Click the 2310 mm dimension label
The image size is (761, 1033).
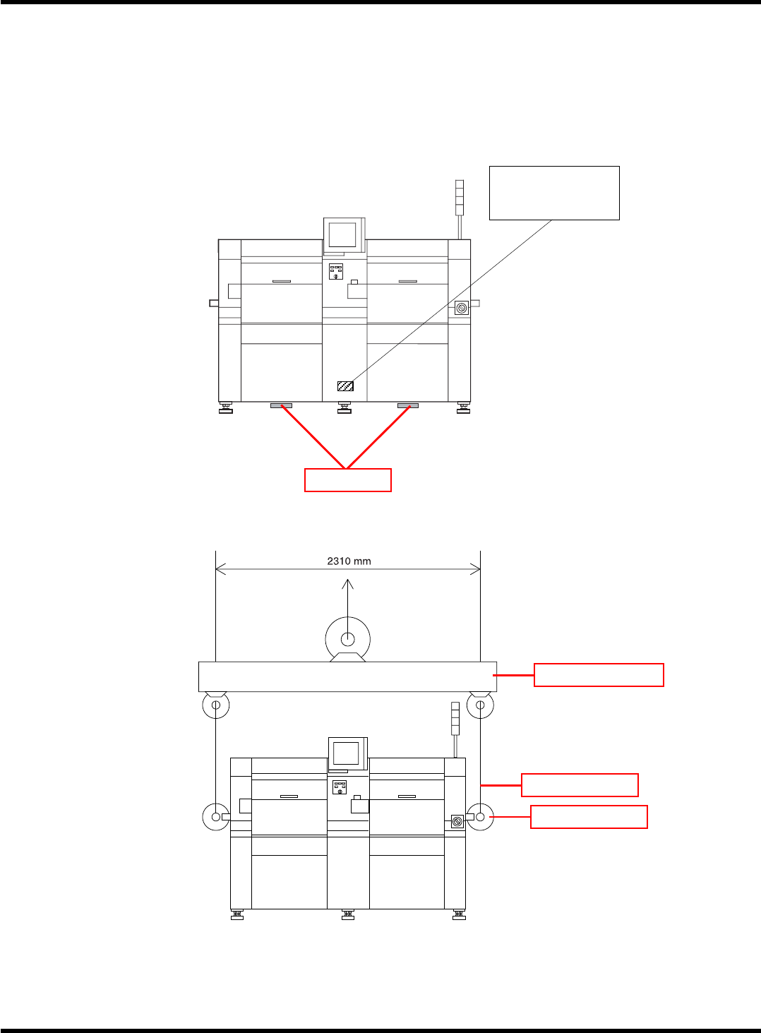click(x=349, y=561)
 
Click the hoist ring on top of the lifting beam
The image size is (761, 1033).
click(x=348, y=640)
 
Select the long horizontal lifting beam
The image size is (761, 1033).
click(x=347, y=676)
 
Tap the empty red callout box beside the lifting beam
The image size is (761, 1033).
click(x=598, y=675)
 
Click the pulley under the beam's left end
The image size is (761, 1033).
click(x=216, y=705)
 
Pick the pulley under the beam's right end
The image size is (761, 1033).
click(x=480, y=705)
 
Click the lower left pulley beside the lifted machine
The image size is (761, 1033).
click(x=215, y=817)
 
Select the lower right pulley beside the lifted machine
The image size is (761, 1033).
click(x=480, y=817)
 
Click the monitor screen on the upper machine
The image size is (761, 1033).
click(x=342, y=234)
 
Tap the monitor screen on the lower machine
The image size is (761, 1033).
click(x=346, y=753)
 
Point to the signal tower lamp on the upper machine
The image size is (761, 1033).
click(x=460, y=197)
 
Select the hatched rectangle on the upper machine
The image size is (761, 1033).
click(x=345, y=386)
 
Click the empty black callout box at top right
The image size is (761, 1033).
click(x=554, y=193)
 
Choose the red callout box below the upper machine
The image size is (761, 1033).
click(x=347, y=479)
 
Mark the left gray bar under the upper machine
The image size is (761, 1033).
click(x=281, y=406)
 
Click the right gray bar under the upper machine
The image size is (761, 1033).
click(x=407, y=406)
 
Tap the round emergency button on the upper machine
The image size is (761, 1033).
click(x=462, y=308)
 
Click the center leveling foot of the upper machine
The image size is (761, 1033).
click(x=344, y=408)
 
